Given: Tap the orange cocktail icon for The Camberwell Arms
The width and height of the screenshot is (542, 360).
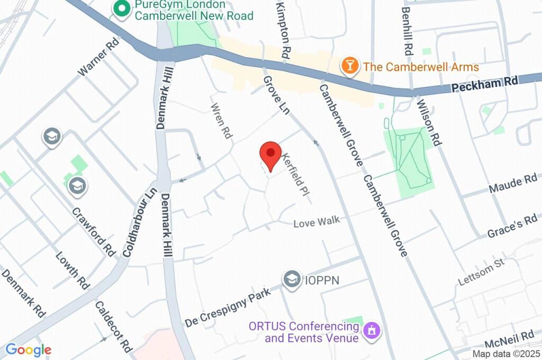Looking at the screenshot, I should coord(349,66).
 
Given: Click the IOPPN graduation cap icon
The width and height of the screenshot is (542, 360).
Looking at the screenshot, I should coord(291,278).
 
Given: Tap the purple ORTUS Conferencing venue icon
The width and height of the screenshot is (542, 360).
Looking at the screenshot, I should coord(373,331).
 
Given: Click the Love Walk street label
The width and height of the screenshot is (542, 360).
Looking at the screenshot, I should coord(317,222).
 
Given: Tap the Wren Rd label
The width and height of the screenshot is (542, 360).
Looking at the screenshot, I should coord(222,121).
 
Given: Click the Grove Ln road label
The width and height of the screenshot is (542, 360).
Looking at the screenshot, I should coord(276,95).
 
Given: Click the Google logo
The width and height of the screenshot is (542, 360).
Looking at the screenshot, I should coord(28,349).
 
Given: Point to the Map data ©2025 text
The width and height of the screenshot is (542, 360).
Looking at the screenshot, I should coord(507,354).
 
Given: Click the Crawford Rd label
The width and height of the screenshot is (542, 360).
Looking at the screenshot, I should coord(93,231).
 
